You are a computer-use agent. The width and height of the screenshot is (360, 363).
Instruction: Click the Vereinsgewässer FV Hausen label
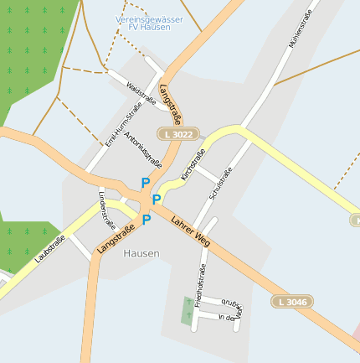(142, 22)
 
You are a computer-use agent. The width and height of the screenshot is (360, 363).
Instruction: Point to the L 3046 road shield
(291, 301)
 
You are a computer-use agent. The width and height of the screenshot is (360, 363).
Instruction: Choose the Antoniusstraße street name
(141, 149)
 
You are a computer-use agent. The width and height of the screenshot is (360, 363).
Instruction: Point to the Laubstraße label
(50, 251)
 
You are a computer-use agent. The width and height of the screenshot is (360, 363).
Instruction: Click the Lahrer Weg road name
(189, 231)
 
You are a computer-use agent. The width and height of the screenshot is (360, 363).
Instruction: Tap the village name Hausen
(141, 253)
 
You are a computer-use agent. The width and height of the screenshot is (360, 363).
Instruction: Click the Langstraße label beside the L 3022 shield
(170, 105)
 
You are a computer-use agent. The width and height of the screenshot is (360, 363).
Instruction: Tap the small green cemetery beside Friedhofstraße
(186, 310)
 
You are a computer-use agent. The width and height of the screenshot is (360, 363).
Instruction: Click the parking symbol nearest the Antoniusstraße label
(145, 182)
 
